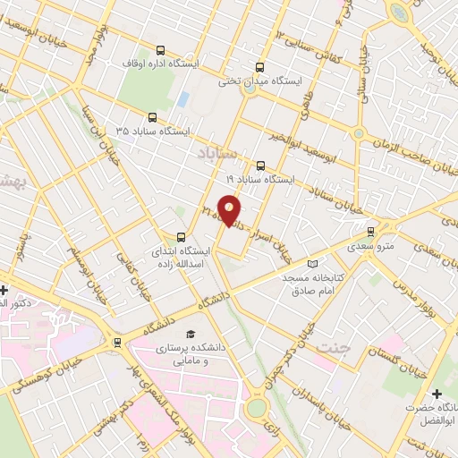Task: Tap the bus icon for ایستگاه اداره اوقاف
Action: (160, 50)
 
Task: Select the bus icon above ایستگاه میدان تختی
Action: (260, 66)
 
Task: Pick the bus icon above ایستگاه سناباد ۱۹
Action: (260, 165)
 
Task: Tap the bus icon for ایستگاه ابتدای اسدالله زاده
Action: (182, 237)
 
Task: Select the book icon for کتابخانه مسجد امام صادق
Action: (311, 263)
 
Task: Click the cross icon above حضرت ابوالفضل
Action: (437, 394)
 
